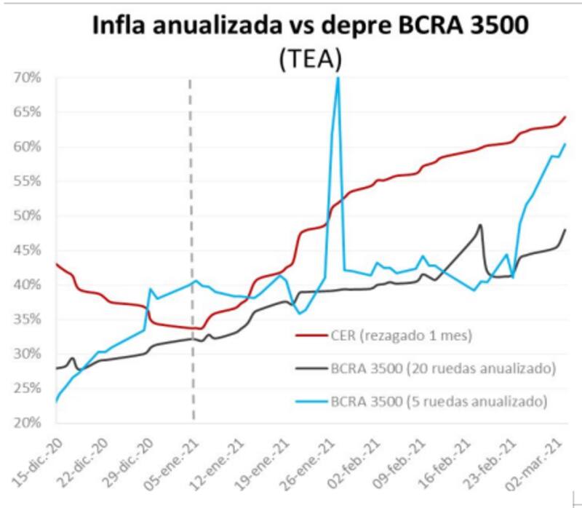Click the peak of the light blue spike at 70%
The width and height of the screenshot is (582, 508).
point(338,78)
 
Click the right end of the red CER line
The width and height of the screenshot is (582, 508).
point(565,116)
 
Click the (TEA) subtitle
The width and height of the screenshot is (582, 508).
point(310,60)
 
